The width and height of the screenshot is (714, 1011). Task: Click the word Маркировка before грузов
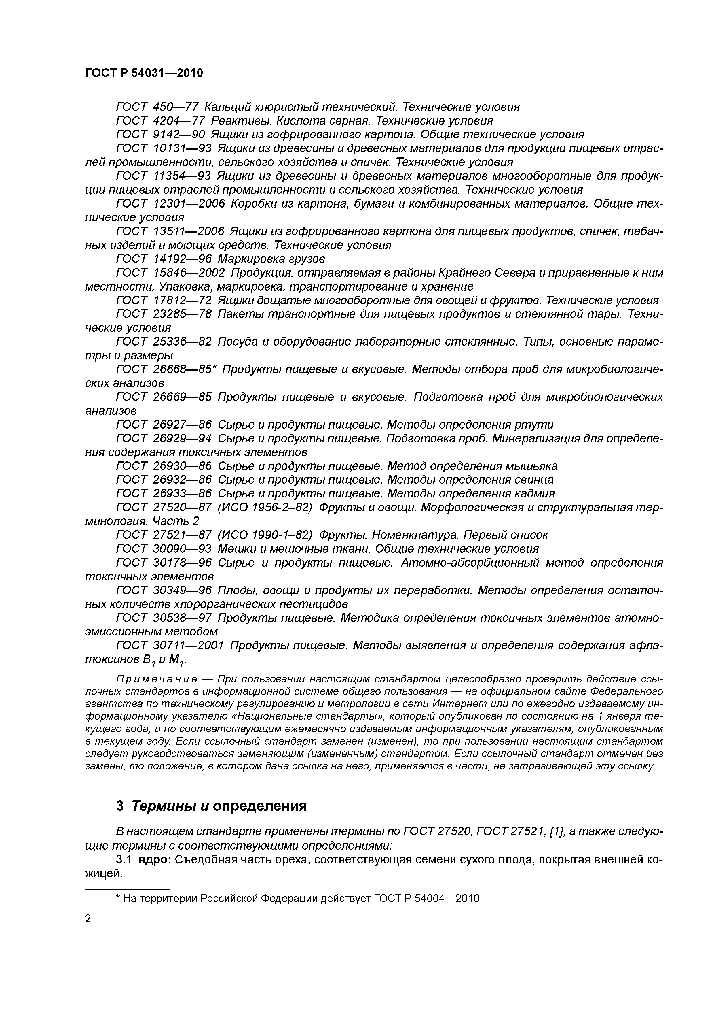pos(256,259)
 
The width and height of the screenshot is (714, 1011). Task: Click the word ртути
pos(536,425)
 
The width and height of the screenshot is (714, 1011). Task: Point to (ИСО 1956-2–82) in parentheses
pos(265,507)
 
